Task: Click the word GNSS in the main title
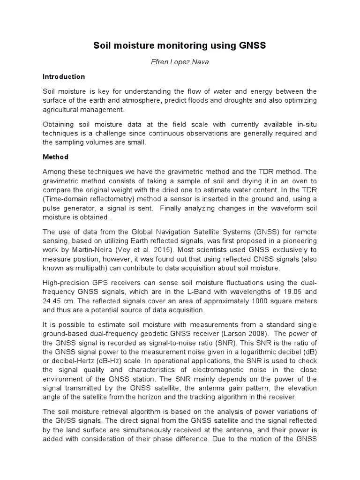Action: tap(252, 45)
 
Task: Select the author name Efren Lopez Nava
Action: tap(180, 61)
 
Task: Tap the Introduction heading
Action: tap(64, 76)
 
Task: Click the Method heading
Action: tap(55, 157)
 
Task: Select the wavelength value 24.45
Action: tap(52, 301)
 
